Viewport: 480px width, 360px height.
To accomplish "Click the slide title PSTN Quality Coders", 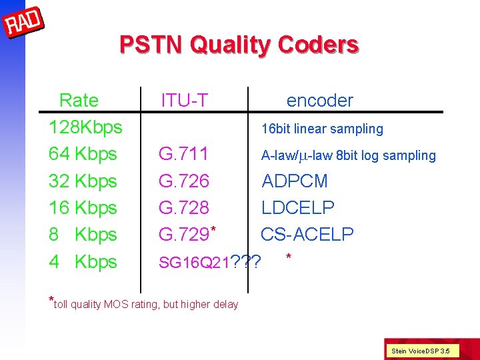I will (x=239, y=45).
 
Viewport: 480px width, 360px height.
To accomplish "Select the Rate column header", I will (x=79, y=101).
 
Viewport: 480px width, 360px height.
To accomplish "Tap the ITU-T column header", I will (x=185, y=101).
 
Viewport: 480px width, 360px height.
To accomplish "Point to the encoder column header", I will (x=319, y=101).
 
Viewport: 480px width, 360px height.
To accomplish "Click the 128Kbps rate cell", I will (x=85, y=127).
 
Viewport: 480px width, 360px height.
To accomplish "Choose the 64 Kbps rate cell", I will (x=83, y=154).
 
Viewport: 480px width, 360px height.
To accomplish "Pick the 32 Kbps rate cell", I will (x=83, y=181).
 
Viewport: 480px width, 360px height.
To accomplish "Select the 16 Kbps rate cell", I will (x=83, y=207).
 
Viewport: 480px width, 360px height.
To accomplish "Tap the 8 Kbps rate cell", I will (x=83, y=235).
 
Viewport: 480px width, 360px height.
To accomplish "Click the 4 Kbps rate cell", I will (x=83, y=261).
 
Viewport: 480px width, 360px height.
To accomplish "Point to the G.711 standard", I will (x=183, y=155).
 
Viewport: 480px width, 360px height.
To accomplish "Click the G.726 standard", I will (x=184, y=181).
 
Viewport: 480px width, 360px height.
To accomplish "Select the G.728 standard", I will (x=184, y=208).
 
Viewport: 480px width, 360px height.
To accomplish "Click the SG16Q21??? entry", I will (x=209, y=263).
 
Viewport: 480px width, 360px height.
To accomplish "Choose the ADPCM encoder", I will (x=295, y=181).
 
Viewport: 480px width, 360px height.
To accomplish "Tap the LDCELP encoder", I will (x=298, y=208).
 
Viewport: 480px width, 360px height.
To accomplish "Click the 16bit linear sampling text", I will (x=322, y=129).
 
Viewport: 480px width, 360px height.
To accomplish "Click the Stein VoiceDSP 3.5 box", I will (x=420, y=350).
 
